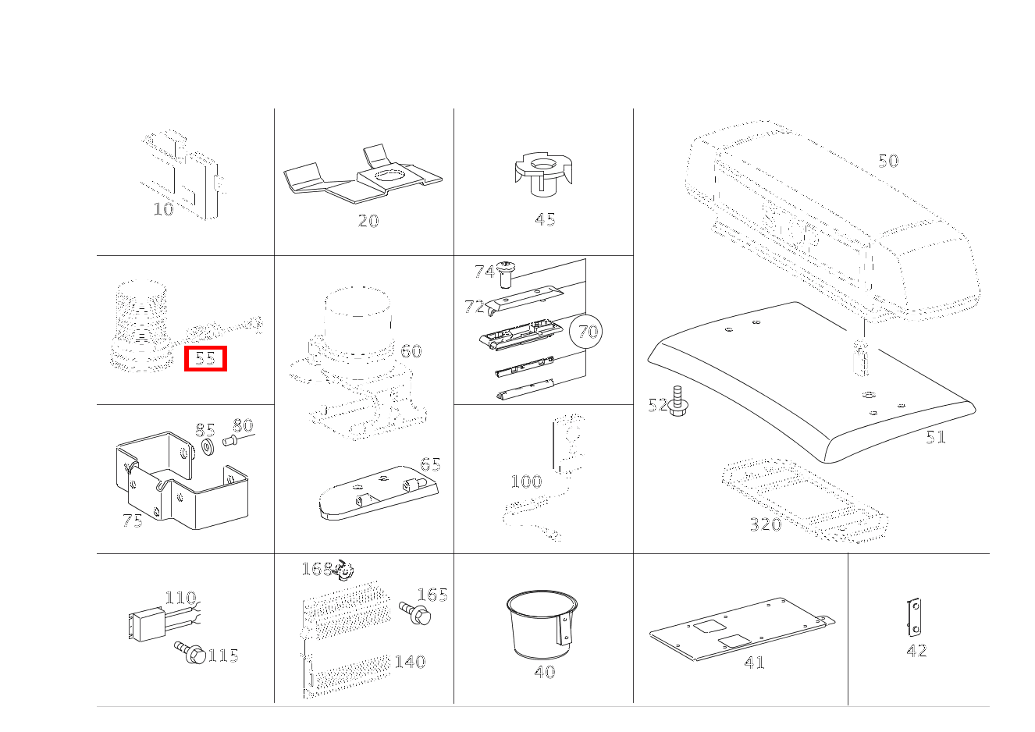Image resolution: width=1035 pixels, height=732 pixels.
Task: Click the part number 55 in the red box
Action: (x=205, y=358)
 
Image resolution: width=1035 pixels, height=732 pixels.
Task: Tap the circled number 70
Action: (x=587, y=331)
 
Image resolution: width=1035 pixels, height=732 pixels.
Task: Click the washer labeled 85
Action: (x=208, y=447)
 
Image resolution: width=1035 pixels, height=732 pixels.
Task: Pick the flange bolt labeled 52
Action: (x=678, y=401)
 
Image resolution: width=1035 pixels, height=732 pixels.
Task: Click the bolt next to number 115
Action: (x=190, y=652)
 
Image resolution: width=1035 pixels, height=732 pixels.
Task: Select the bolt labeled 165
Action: (x=415, y=613)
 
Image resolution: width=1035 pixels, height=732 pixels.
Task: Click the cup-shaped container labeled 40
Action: (x=542, y=624)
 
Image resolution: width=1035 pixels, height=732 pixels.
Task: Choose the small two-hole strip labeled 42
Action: (x=914, y=617)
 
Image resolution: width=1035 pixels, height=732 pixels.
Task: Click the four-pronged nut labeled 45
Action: (x=544, y=175)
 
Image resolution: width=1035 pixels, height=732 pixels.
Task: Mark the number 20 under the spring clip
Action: (x=368, y=221)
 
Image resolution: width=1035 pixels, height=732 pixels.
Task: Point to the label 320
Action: (x=766, y=524)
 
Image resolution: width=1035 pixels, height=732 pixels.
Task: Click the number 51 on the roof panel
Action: (x=936, y=437)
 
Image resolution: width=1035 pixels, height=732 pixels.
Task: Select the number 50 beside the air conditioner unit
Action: (x=888, y=161)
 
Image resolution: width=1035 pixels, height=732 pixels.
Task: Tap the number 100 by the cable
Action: (x=526, y=481)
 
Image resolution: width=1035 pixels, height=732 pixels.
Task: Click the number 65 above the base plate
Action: (x=430, y=464)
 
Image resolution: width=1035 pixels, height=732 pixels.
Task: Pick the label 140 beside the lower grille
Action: (x=410, y=662)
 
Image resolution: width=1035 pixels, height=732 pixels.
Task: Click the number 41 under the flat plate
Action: (x=755, y=663)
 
